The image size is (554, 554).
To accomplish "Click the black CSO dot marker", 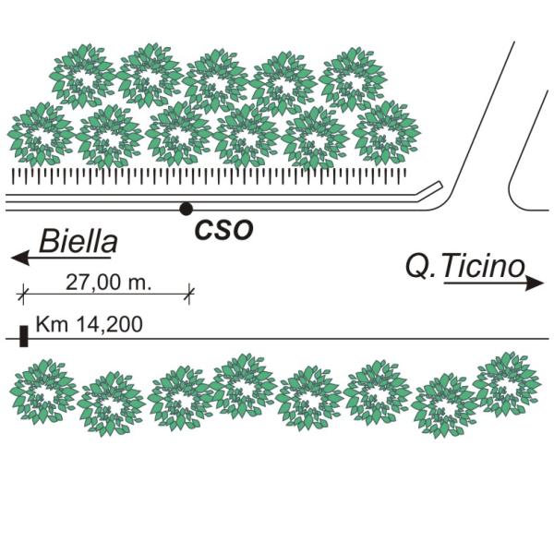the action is click(186, 209).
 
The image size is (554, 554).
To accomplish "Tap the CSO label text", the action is click(223, 230).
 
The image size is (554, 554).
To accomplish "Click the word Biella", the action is click(78, 243).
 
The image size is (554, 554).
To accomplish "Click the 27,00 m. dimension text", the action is click(108, 282).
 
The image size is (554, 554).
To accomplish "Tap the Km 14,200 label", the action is click(88, 324).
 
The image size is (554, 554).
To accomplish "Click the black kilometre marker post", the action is click(23, 336).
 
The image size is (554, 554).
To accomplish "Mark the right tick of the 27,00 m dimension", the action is click(189, 294).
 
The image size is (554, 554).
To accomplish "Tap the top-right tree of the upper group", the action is click(352, 79).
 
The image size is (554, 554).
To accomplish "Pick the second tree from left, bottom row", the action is click(113, 403).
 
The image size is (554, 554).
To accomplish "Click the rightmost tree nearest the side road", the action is click(385, 132).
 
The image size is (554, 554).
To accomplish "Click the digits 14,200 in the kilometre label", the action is click(111, 324).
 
